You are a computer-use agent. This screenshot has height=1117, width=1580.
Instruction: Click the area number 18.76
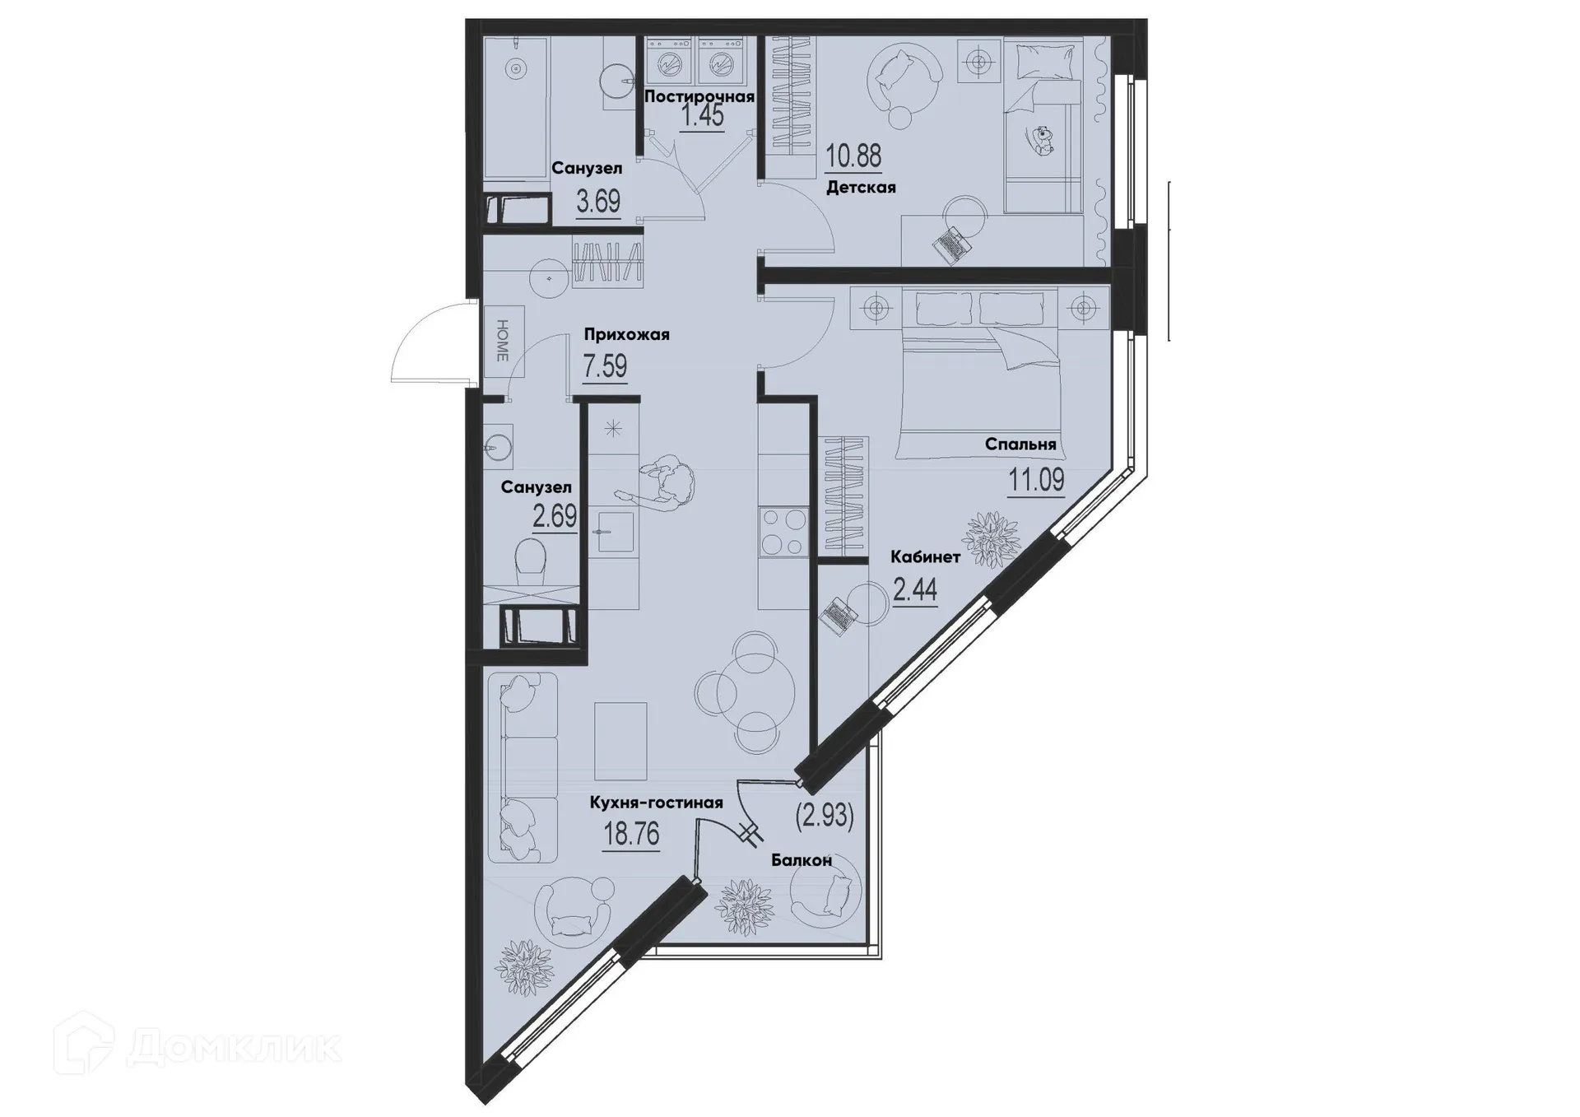click(631, 834)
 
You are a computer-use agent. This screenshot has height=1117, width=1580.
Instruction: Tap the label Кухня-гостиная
click(656, 803)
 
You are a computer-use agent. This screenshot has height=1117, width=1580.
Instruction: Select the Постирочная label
click(699, 96)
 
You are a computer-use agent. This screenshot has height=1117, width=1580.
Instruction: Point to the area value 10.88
click(853, 155)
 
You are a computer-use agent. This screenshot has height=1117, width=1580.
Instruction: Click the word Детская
click(861, 188)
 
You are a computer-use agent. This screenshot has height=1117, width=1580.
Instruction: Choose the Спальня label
click(1020, 444)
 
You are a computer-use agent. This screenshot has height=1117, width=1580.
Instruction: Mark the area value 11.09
click(1036, 479)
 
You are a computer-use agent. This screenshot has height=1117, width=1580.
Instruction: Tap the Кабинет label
click(925, 557)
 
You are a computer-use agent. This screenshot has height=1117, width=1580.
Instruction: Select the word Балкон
click(802, 860)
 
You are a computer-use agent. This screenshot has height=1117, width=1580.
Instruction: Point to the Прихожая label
click(626, 334)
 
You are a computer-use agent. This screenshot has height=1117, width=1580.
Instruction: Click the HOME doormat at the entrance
click(502, 341)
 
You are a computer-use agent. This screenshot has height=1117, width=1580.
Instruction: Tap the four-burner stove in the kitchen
click(783, 532)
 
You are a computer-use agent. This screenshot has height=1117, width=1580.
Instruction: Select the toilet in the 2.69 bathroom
click(531, 561)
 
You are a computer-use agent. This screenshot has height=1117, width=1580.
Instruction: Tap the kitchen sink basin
click(613, 532)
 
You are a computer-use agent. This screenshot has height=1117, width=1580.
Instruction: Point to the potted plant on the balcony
click(745, 906)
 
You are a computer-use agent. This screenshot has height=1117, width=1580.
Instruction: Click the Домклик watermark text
click(235, 1047)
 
